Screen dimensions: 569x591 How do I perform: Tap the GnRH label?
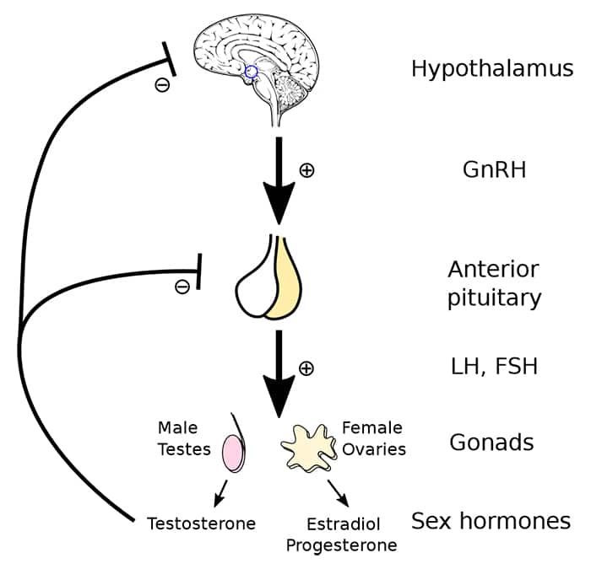click(494, 169)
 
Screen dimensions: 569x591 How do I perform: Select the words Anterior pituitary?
click(494, 283)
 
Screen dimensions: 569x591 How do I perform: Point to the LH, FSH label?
click(494, 367)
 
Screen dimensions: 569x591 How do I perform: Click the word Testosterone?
click(201, 523)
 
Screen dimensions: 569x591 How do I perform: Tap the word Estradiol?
click(341, 523)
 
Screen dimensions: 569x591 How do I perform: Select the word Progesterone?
click(341, 545)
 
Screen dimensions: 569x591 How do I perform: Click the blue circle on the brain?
click(251, 73)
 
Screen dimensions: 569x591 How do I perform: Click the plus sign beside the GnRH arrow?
click(306, 169)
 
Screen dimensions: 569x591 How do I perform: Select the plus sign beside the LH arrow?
click(306, 368)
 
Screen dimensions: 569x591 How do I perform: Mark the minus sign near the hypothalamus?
click(162, 85)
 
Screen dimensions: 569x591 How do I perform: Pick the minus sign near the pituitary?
click(182, 287)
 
